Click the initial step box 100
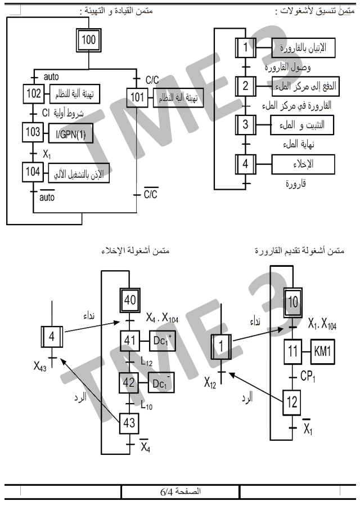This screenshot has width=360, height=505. pyautogui.click(x=89, y=40)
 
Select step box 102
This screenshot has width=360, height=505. pyautogui.click(x=33, y=93)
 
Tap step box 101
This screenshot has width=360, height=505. pyautogui.click(x=137, y=96)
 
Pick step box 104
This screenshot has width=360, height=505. pyautogui.click(x=33, y=172)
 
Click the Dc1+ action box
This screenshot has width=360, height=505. pyautogui.click(x=161, y=341)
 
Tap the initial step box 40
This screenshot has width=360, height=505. pyautogui.click(x=130, y=300)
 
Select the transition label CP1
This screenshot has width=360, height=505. pyautogui.click(x=308, y=374)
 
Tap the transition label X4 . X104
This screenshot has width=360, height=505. pyautogui.click(x=163, y=319)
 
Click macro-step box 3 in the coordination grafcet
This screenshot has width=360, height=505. pyautogui.click(x=245, y=124)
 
